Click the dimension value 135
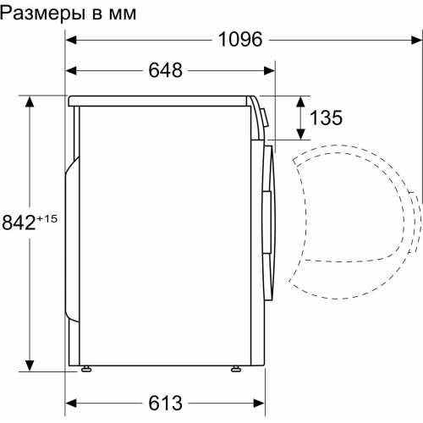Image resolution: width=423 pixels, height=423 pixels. coord(326,118)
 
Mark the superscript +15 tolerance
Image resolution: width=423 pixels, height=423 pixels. coord(48,219)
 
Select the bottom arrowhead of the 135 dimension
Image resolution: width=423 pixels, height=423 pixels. coord(300,135)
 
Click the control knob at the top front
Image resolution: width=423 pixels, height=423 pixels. coord(261,118)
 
